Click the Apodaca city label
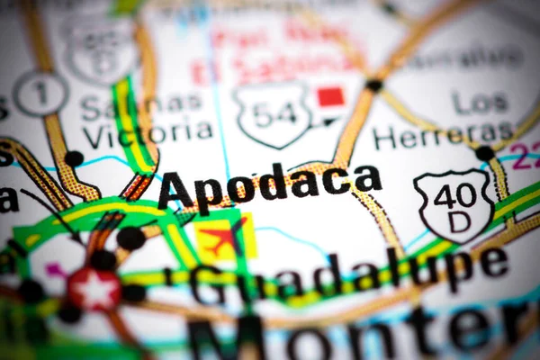coord(268,186)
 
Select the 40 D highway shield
coord(454,204)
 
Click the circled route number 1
coord(40,94)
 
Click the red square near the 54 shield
coord(330,95)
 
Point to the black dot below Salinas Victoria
coord(74,158)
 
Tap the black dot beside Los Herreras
coord(484,153)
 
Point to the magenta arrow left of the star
coord(57,269)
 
